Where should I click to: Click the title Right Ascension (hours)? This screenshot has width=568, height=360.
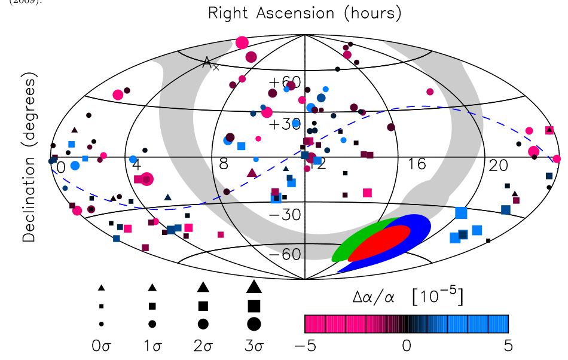(304, 13)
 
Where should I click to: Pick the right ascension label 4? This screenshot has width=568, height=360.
(136, 164)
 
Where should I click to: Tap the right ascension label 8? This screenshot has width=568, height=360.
(223, 164)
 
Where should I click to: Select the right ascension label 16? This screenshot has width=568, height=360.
(416, 164)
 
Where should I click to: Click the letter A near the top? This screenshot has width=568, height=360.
(206, 62)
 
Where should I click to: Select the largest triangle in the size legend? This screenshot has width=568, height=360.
(254, 286)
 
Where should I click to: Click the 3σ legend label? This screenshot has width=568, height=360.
(254, 346)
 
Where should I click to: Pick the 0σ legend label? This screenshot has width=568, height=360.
(101, 346)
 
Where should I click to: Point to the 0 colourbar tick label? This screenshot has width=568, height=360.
(406, 345)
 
